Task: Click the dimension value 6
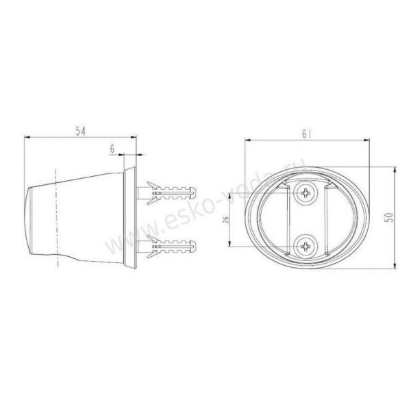tap(112, 147)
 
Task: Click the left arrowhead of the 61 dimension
tap(246, 141)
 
